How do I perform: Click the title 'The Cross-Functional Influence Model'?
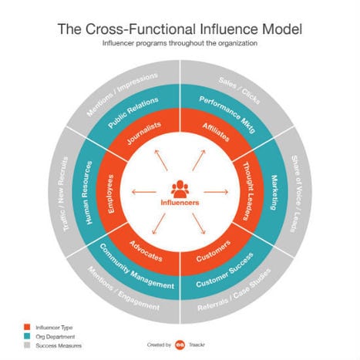tap(180, 29)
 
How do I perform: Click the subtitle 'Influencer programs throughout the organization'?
tap(180, 45)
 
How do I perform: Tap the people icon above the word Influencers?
tap(180, 188)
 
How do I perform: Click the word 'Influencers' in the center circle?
tap(180, 204)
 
